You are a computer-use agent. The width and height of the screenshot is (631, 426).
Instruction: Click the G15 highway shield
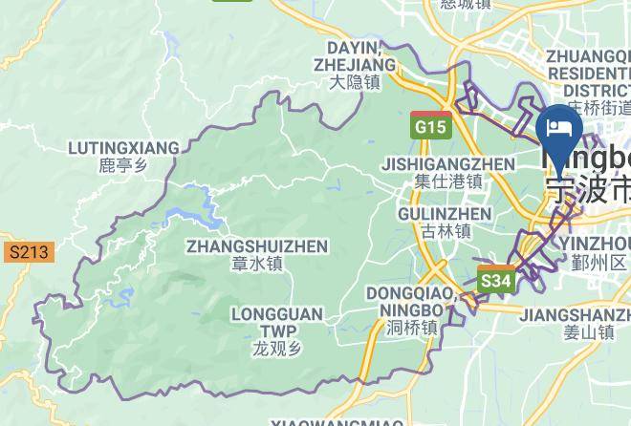click(x=429, y=125)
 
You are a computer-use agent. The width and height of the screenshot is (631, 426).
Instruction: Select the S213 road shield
click(x=28, y=252)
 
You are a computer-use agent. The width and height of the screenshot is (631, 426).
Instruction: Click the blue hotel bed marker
click(x=559, y=131)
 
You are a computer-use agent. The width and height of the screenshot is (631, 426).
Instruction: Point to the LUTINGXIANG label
click(x=124, y=148)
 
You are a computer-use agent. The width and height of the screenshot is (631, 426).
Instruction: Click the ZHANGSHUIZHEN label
click(x=256, y=246)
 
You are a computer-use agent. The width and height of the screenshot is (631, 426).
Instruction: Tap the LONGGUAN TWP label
click(x=277, y=322)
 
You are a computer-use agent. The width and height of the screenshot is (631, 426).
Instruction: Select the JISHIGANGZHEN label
click(x=448, y=163)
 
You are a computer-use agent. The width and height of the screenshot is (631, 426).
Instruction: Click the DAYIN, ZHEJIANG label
click(x=355, y=56)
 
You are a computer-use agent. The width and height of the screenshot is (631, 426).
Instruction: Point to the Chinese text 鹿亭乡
click(x=124, y=166)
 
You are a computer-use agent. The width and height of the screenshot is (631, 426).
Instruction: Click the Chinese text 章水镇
click(x=256, y=265)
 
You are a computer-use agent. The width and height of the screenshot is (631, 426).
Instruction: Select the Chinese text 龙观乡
click(x=277, y=349)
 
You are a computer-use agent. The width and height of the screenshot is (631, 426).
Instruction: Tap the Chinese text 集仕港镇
click(x=448, y=181)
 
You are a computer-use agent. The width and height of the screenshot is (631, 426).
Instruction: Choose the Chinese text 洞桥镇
click(x=411, y=327)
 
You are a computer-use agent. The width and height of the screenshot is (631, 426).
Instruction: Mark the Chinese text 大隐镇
click(x=355, y=83)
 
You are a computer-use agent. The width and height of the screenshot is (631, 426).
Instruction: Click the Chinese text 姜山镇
click(x=587, y=332)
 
